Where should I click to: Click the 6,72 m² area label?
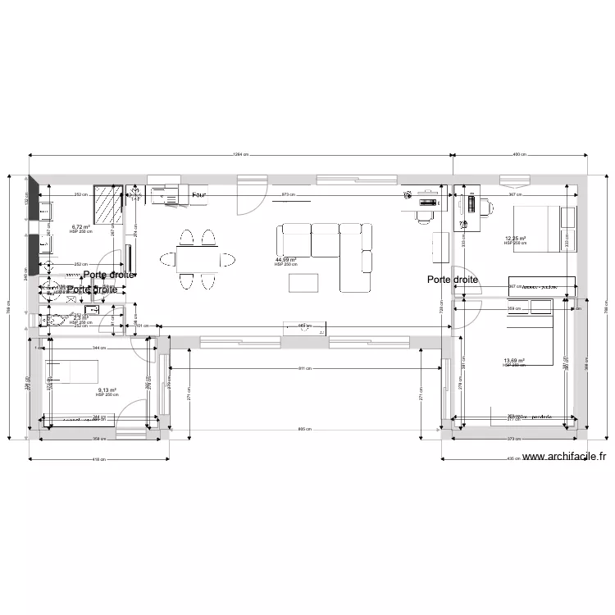[x=80, y=227]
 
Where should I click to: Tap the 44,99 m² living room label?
[x=285, y=260]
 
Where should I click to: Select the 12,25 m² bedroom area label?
[x=515, y=239]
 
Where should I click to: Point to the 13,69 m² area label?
[x=514, y=361]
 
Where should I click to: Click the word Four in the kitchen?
[x=198, y=196]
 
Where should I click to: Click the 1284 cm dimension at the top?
[x=240, y=154]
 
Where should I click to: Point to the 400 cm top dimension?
[x=519, y=154]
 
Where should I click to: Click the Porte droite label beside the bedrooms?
[x=452, y=280]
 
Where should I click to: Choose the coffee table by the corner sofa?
[x=307, y=282]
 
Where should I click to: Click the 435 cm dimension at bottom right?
[x=512, y=459]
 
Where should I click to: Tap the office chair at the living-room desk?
[x=424, y=216]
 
